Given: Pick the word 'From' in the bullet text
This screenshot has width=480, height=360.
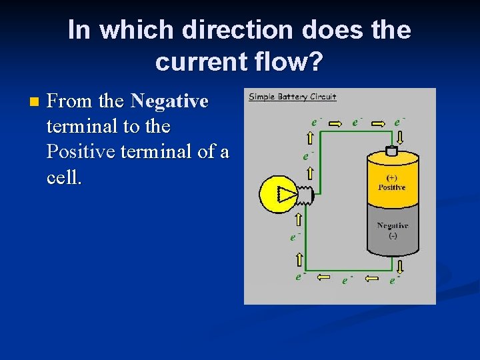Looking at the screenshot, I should (x=70, y=101).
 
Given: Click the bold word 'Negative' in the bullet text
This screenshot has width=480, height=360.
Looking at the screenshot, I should (x=170, y=101).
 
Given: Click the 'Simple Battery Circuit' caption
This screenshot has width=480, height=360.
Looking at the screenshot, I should (x=293, y=97).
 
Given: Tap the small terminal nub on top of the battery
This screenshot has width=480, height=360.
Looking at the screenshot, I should (x=391, y=151).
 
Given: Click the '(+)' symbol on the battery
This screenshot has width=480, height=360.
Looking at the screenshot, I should (x=393, y=178).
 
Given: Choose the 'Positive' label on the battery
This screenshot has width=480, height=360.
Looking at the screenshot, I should (x=392, y=187).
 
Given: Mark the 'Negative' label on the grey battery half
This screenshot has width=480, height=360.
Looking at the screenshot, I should (x=392, y=225).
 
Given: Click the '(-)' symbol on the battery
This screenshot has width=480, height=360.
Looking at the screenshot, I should (x=393, y=235).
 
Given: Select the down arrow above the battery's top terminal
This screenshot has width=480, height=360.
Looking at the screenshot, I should (x=400, y=137).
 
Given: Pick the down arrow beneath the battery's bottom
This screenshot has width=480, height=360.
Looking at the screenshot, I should (x=399, y=267).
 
